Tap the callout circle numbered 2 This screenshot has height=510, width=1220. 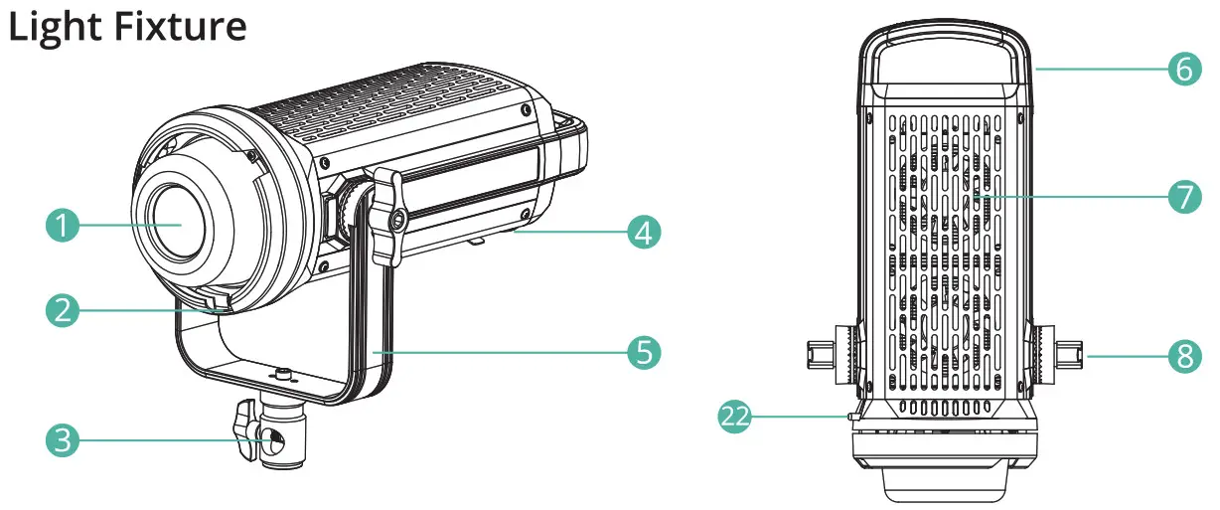63,311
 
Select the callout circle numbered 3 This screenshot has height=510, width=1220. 63,438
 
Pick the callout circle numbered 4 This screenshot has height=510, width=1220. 643,235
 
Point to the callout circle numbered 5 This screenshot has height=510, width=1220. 643,352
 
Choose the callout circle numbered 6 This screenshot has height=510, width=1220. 1183,71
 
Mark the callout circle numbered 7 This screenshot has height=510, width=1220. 1183,196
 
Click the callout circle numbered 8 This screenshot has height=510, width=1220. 1183,355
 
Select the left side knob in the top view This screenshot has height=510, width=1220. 826,352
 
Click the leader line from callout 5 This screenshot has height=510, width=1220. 497,352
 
